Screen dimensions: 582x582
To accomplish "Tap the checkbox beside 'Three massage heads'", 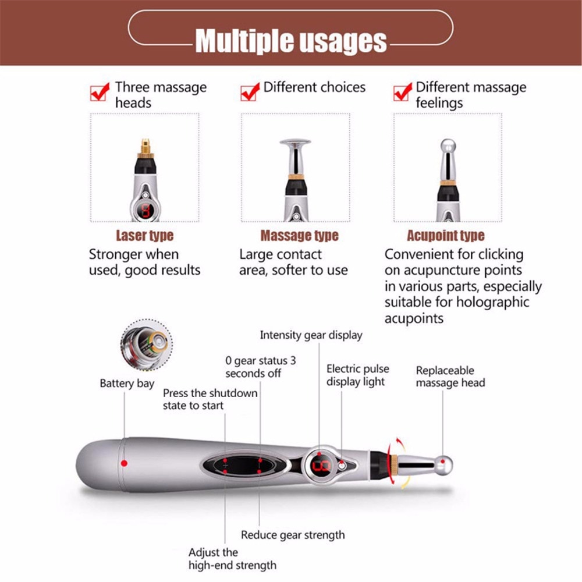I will point(100,92).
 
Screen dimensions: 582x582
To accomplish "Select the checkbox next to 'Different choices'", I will point(250,91).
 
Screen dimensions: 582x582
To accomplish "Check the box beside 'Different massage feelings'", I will point(402,92).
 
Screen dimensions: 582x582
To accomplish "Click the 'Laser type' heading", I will point(144,236).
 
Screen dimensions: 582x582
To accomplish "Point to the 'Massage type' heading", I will point(299,236).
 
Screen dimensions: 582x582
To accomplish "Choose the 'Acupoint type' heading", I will point(445,236).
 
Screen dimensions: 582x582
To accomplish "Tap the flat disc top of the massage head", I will point(295,141).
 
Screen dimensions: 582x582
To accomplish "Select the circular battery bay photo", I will point(146,345).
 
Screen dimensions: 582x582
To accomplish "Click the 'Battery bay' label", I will point(127,383).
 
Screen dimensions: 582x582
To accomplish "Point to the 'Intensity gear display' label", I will point(311,335).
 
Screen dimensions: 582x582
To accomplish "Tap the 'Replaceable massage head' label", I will point(450,377).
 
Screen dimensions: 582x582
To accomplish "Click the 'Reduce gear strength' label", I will point(293,535).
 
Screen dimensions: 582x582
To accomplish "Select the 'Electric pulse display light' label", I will point(357,375).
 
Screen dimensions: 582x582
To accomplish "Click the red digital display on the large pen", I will point(321,466).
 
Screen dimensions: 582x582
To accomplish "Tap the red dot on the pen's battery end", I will point(124,463).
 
